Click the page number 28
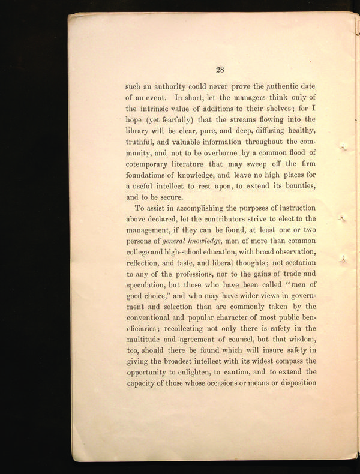(x=220, y=69)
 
